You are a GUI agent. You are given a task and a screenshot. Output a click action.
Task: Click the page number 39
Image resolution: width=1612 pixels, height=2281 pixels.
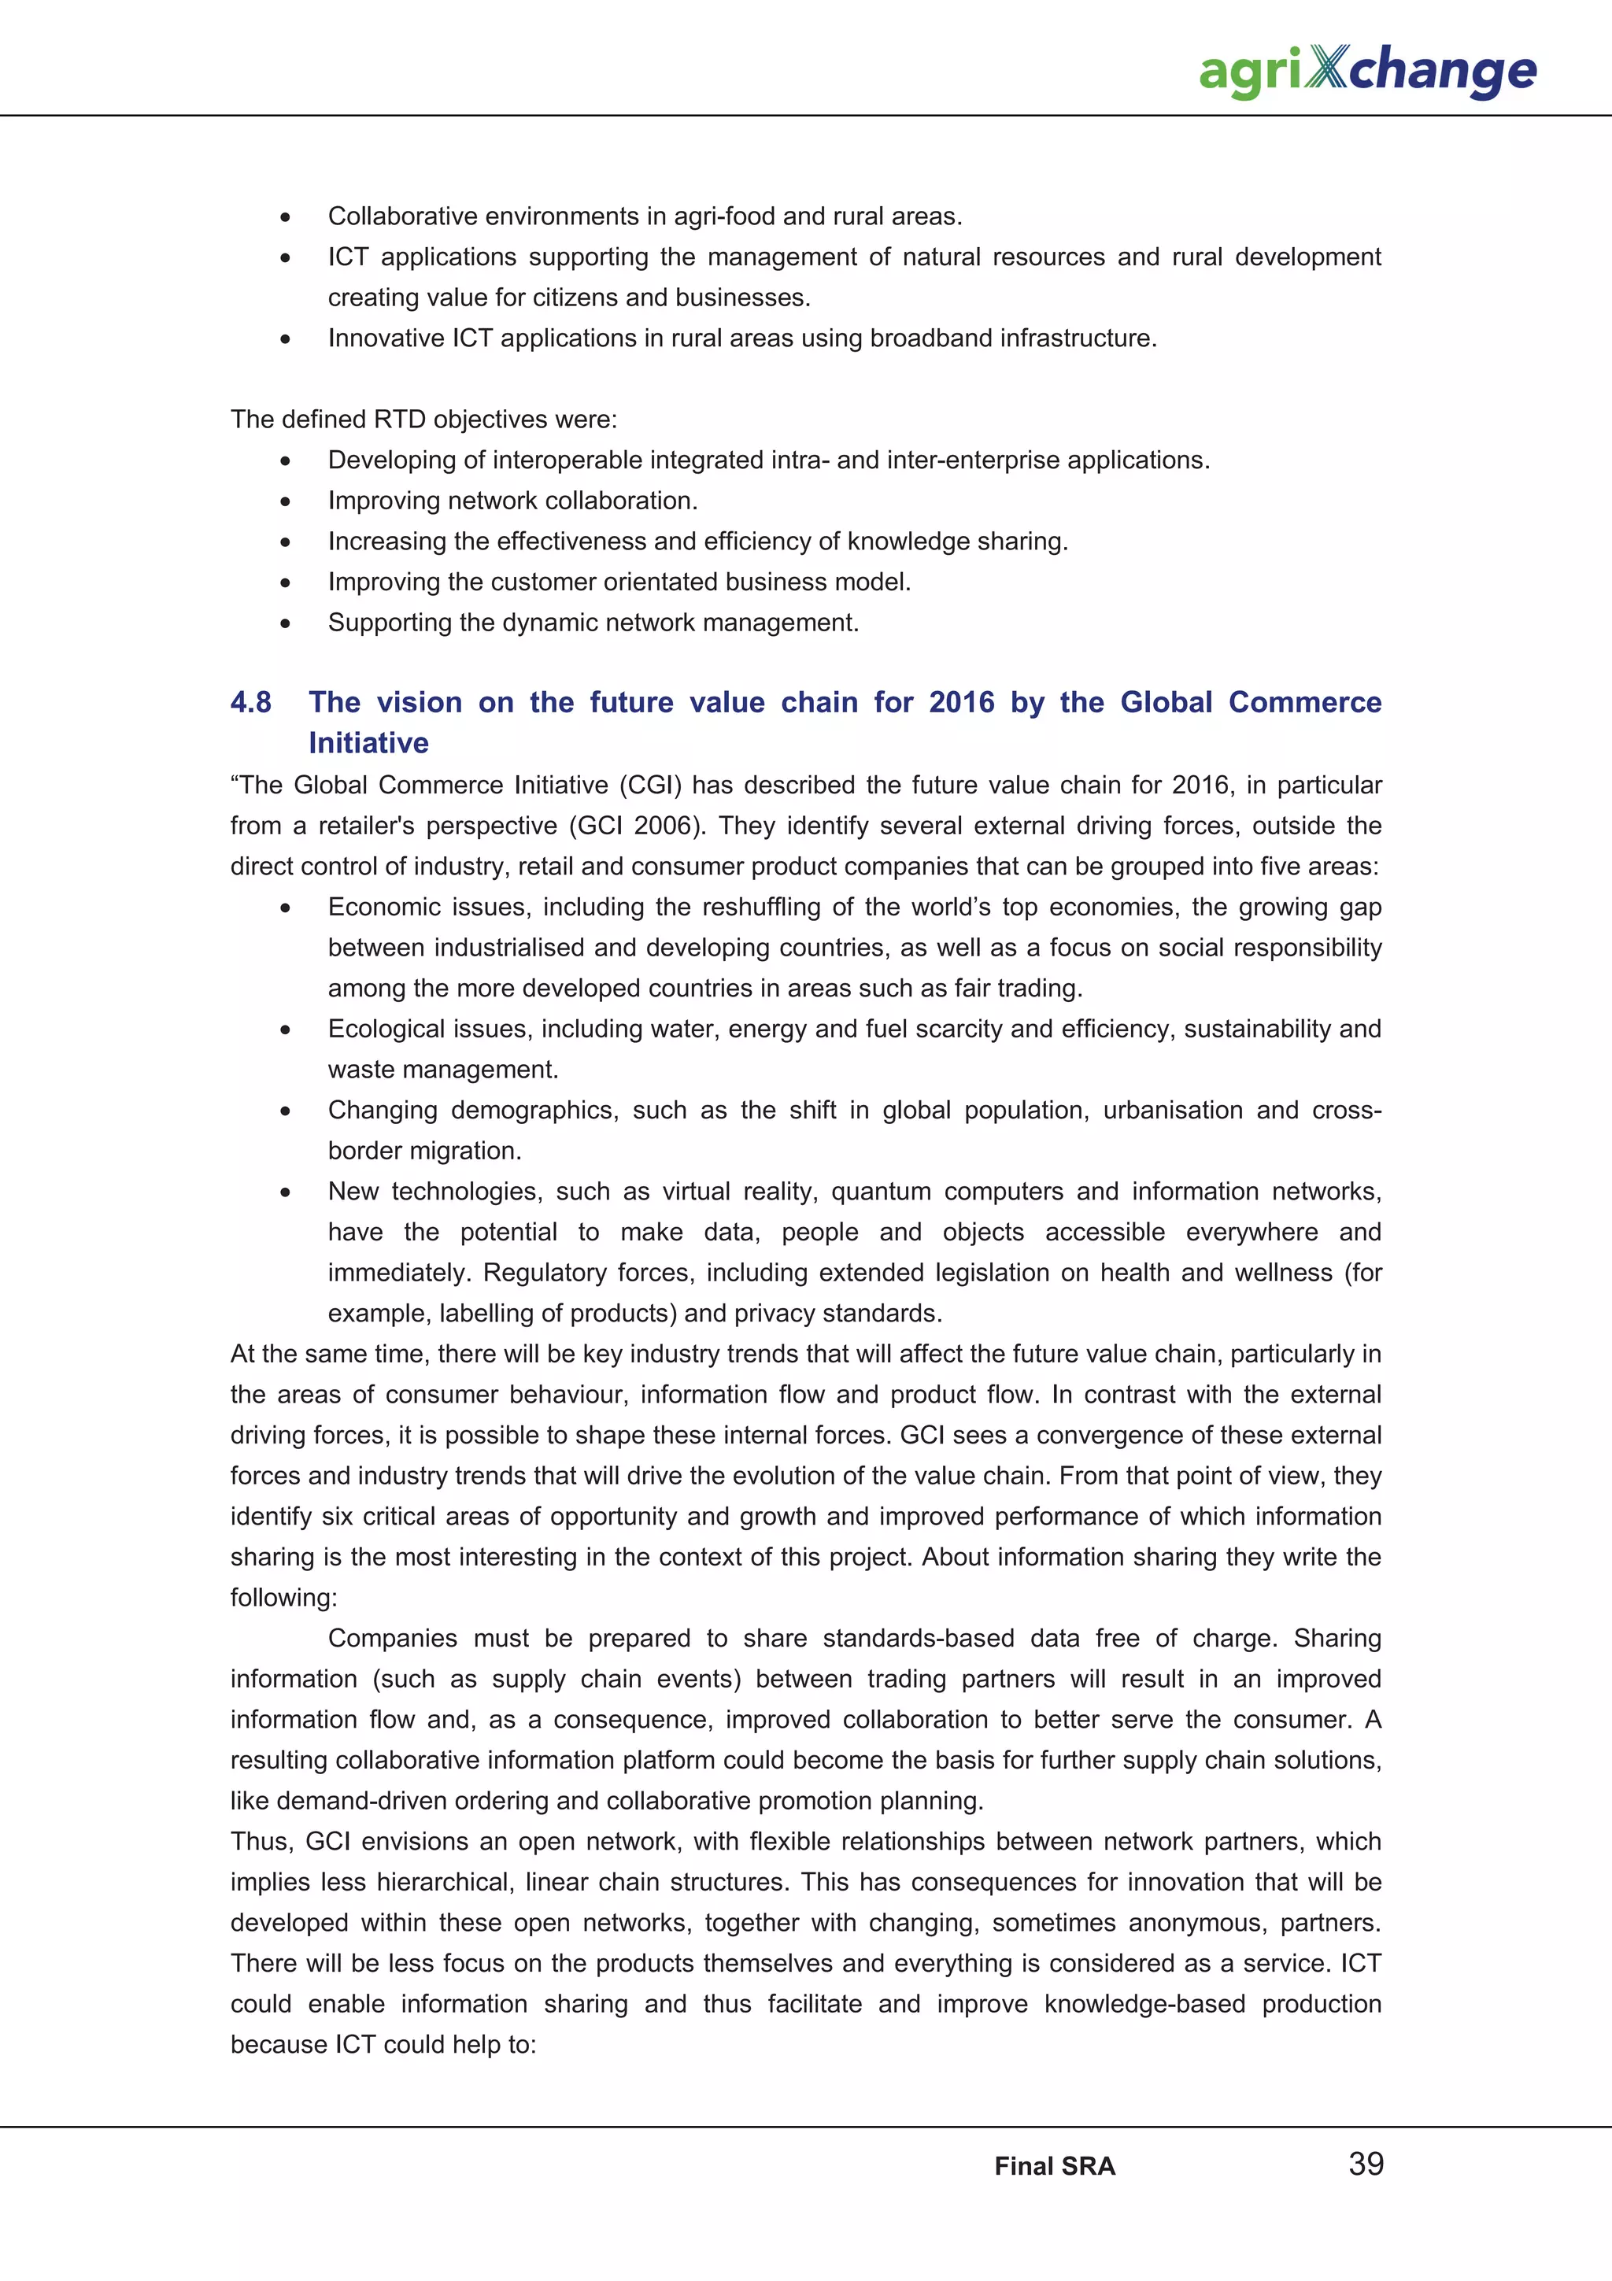tap(1366, 2164)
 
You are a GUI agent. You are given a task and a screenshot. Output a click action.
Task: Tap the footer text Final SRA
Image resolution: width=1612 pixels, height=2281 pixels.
tap(1055, 2167)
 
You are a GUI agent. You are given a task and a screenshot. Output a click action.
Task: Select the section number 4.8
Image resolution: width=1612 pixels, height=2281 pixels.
tap(250, 702)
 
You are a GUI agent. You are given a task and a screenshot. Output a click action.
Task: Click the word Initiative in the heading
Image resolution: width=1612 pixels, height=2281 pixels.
tap(368, 743)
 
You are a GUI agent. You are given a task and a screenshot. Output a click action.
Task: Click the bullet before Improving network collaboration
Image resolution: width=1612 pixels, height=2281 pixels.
tap(285, 501)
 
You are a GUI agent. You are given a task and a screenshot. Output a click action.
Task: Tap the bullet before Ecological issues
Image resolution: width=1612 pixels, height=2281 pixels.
tap(285, 1030)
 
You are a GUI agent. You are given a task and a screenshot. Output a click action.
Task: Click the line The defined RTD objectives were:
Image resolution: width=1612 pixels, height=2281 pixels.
tap(423, 420)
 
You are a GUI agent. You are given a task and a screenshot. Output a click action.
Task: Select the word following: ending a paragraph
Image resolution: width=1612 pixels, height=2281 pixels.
tap(283, 1598)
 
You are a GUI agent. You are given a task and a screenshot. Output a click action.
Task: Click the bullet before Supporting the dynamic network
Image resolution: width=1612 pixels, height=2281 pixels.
tap(285, 624)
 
